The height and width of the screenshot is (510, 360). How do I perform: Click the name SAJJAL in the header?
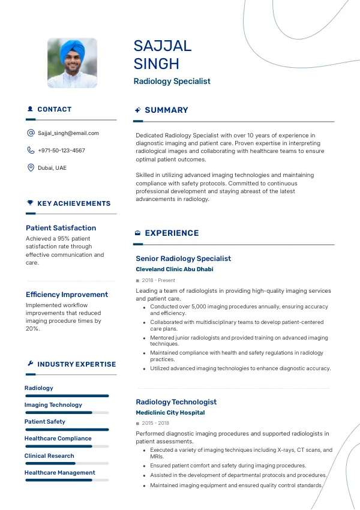coord(163,46)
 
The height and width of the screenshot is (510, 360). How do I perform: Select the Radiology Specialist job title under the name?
coord(172,82)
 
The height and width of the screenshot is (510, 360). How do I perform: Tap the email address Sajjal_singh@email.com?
coord(68,133)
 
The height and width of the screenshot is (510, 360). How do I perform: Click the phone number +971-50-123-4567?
coord(61,151)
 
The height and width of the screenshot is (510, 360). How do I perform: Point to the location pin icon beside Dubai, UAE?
coord(31,168)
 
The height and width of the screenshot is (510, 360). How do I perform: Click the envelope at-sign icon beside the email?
coord(31,133)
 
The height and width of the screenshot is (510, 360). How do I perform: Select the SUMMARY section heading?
coord(166,110)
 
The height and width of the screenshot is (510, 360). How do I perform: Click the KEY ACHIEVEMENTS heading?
coord(74,203)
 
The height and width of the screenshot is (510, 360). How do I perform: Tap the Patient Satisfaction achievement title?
coord(61,228)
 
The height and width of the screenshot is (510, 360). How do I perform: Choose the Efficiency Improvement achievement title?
coord(67,295)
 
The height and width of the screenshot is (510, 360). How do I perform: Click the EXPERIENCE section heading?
coord(172,233)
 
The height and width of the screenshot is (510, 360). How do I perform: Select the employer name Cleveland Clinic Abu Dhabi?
coord(174,269)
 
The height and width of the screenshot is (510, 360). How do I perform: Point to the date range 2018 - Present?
coord(158,280)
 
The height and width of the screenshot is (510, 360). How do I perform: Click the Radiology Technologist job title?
coord(176,402)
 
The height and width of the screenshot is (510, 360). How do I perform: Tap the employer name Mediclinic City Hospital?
coord(170,413)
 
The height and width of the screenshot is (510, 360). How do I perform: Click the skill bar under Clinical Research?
coord(66,463)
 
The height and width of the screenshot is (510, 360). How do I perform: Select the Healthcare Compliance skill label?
coord(58,439)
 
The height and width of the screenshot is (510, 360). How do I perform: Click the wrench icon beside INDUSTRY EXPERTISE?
coord(30,364)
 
